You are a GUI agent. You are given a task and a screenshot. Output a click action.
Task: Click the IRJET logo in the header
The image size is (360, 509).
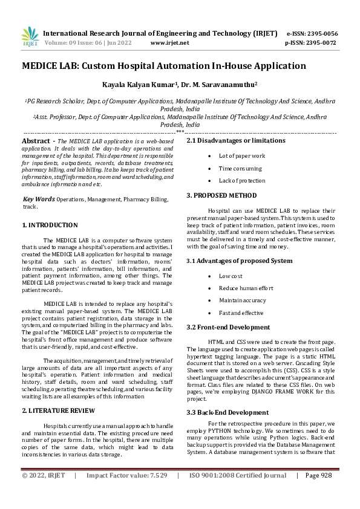click(30, 37)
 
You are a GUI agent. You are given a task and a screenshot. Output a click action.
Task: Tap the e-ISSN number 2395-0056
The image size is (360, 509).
click(321, 33)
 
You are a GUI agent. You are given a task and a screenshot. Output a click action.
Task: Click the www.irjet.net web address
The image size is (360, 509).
click(169, 43)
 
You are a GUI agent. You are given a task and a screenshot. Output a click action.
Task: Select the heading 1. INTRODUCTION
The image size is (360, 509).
click(50, 225)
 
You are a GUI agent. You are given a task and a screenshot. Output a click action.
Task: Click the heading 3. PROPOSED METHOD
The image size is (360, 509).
click(221, 195)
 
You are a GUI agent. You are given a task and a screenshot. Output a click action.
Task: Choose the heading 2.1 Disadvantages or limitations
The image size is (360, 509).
click(236, 140)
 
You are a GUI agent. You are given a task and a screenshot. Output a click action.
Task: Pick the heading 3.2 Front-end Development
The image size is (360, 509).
click(228, 327)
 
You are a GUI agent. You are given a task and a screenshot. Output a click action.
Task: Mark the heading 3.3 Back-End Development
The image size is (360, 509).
click(227, 395)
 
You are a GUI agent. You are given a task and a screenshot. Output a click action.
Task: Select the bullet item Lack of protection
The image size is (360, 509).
click(242, 180)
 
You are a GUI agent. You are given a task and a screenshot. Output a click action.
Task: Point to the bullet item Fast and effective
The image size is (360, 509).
click(241, 313)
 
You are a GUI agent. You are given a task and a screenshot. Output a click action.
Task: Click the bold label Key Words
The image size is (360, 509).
click(39, 199)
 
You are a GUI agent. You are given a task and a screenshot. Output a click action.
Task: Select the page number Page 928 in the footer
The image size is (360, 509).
click(319, 492)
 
